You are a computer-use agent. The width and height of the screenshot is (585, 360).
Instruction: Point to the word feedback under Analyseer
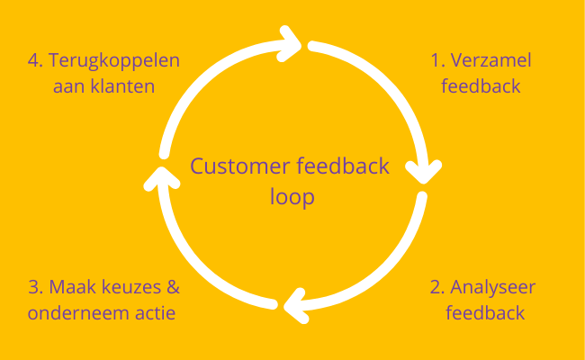[486, 313]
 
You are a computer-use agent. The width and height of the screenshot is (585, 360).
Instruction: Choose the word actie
[154, 313]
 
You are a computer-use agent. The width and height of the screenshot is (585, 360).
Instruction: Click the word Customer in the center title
[233, 166]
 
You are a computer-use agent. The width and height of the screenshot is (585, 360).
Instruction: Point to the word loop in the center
[292, 196]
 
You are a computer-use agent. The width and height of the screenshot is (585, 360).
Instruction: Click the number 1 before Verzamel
[435, 62]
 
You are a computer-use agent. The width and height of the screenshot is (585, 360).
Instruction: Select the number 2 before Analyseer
[436, 288]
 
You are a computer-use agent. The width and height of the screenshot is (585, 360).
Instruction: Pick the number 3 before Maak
[33, 288]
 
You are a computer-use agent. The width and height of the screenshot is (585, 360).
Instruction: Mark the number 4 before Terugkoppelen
[33, 62]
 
